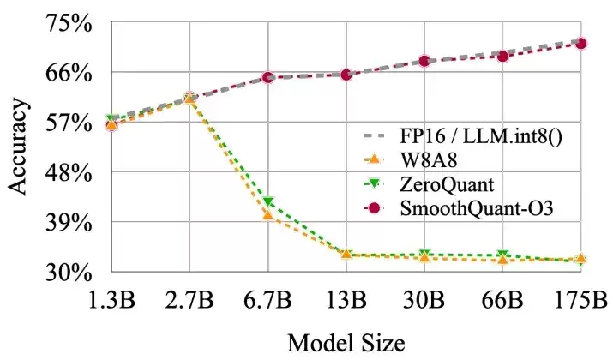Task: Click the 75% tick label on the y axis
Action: pos(69,23)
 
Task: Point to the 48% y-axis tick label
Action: pos(69,173)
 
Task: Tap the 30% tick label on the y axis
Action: pos(69,273)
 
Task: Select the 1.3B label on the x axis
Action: pos(111,301)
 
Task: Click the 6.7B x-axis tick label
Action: pos(268,301)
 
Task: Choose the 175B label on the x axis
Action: pos(581,301)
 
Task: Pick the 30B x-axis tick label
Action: pos(424,301)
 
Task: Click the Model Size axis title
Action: pos(346,344)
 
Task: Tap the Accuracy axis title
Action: pos(18,147)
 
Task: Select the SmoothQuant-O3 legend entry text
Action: pos(477,208)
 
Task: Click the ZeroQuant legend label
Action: pos(447,184)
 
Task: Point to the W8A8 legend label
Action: pos(429,160)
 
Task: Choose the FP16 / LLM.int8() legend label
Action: pos(481,136)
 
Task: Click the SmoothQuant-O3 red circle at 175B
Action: pos(581,44)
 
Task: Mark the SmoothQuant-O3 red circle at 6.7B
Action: pos(267,77)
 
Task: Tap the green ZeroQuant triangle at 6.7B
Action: pos(268,201)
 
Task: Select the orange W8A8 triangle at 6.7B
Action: pos(268,214)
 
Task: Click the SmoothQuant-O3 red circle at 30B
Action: pos(424,61)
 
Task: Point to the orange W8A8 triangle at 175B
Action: pos(581,258)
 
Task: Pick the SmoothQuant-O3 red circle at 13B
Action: pos(346,75)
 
